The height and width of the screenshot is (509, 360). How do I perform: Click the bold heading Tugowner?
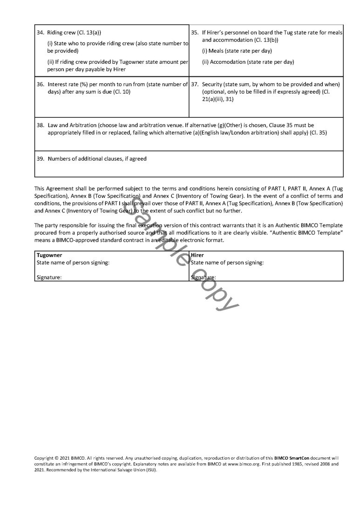49,255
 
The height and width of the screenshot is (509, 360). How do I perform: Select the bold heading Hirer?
197,255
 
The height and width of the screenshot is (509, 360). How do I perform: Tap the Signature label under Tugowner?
49,278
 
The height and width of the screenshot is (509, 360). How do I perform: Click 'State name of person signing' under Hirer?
227,263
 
